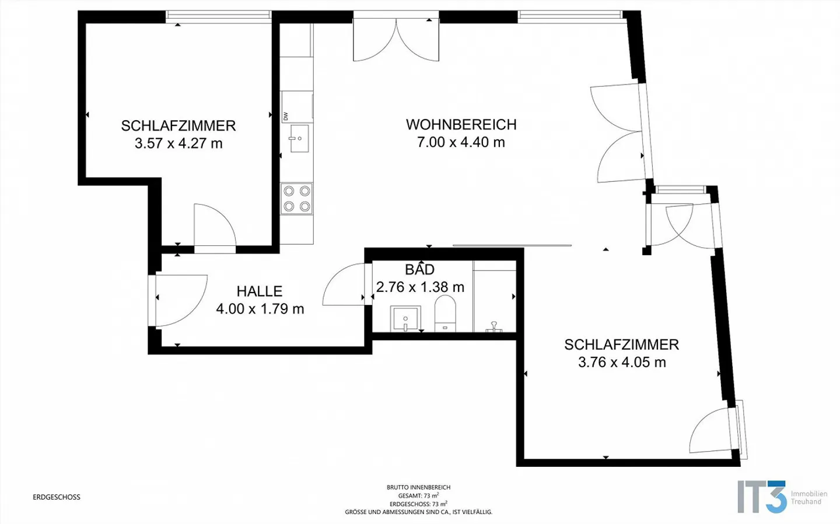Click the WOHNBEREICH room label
pos(461,125)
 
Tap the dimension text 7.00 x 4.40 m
pos(461,142)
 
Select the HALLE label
pos(260,291)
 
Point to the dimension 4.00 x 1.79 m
pos(260,309)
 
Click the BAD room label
pos(420,270)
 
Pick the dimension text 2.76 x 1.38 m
pos(420,287)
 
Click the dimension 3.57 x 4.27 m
pos(178,143)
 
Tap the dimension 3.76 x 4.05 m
pos(622,363)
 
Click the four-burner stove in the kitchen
pos(296,198)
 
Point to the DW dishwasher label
pos(286,116)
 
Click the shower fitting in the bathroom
pos(494,326)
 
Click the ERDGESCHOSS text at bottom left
pos(57,497)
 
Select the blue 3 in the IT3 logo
pos(775,497)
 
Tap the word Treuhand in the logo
pos(806,502)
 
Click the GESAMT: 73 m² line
pos(418,495)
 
